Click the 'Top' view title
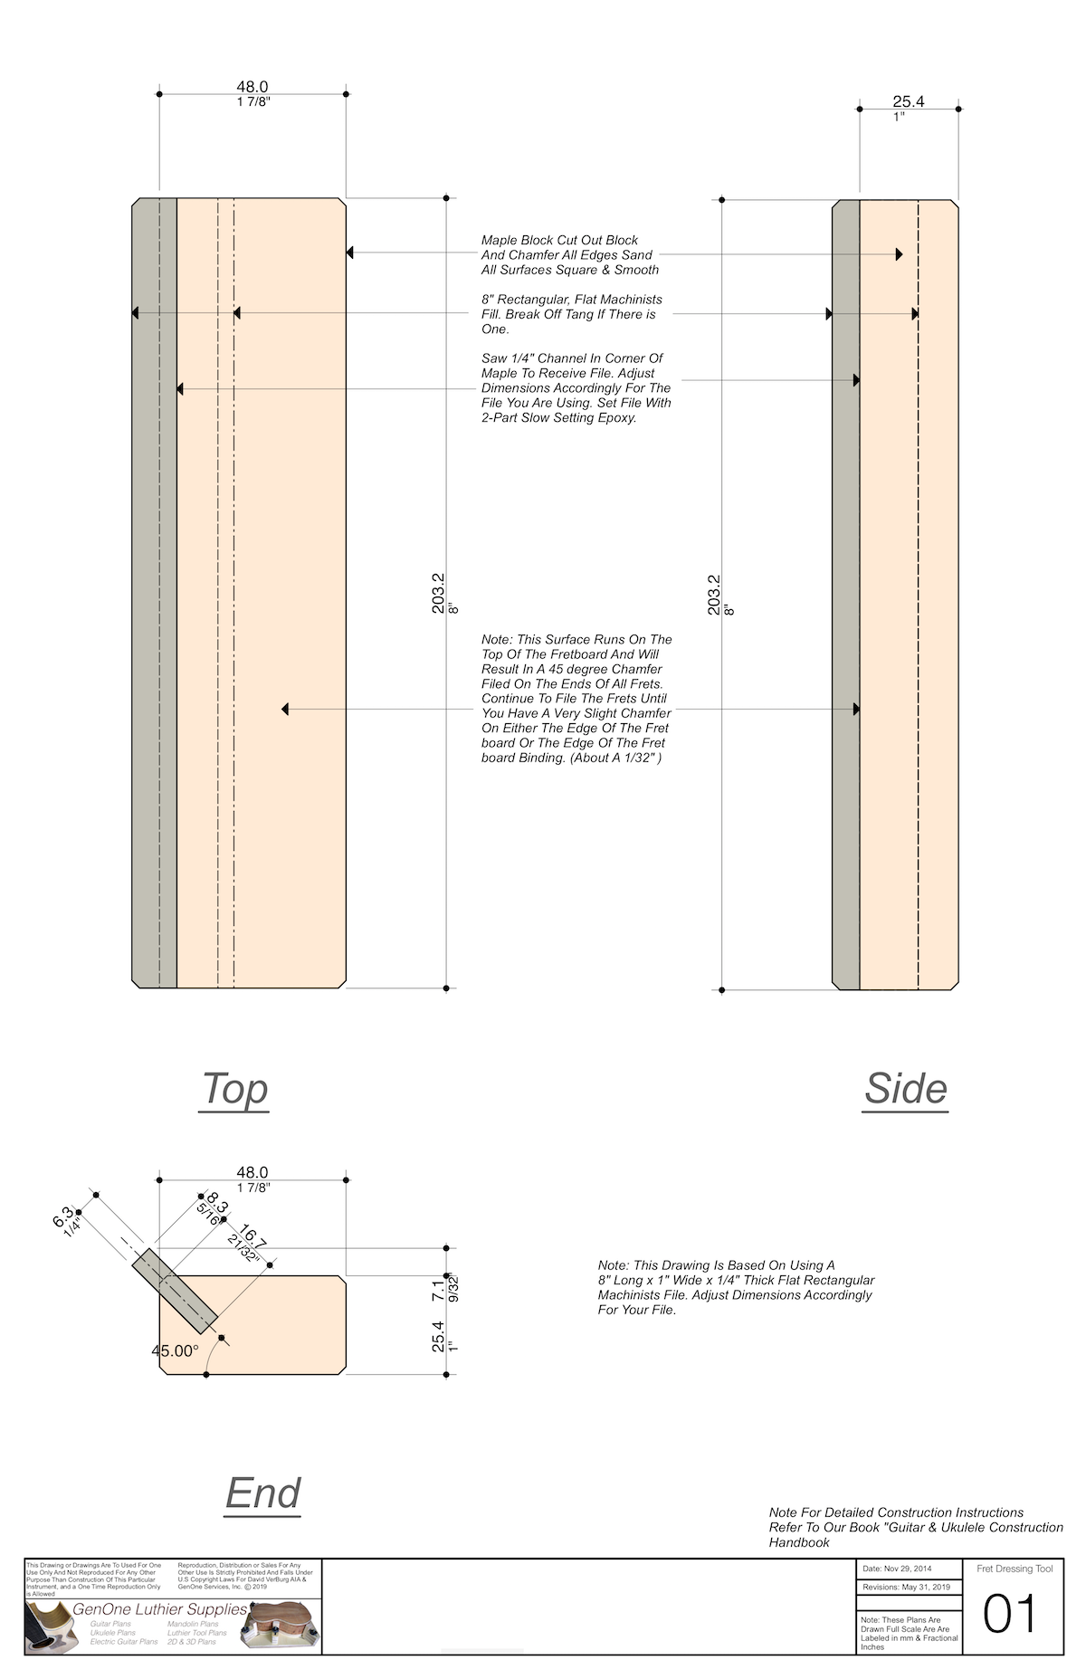[x=234, y=1088]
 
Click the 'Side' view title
[x=905, y=1088]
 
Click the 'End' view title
[x=262, y=1493]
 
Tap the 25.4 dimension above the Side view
[x=908, y=102]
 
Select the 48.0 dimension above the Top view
[x=252, y=87]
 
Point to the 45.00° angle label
[x=175, y=1350]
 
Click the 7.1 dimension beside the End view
[x=439, y=1290]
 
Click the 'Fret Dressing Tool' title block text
[x=1015, y=1569]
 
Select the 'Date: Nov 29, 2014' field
[x=898, y=1569]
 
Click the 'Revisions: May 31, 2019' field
[x=906, y=1587]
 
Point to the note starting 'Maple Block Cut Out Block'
[x=570, y=254]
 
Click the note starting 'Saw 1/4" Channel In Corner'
[x=576, y=388]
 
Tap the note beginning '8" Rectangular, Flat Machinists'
[x=571, y=314]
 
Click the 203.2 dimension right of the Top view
[x=439, y=594]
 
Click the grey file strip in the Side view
[x=845, y=594]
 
